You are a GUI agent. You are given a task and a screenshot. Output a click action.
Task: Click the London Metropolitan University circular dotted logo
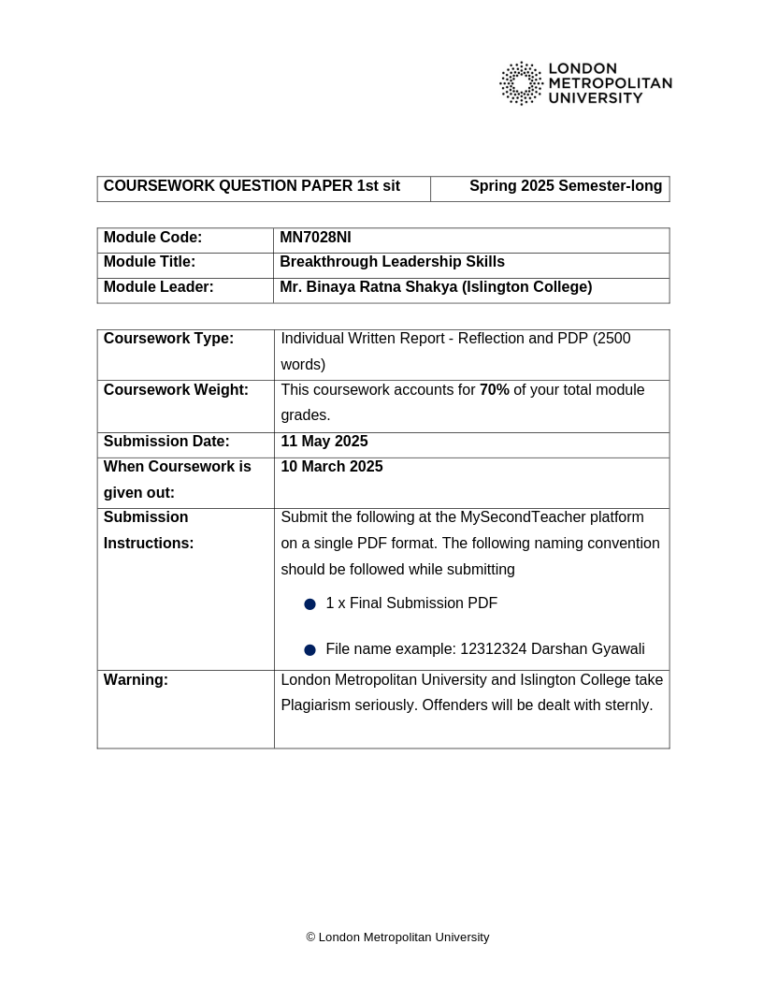521,83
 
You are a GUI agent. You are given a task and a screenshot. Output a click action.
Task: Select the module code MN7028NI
315,238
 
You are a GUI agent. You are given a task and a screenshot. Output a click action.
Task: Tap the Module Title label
150,262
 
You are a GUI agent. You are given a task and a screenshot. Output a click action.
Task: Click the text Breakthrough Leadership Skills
392,262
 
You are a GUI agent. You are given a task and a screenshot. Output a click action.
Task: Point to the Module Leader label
158,287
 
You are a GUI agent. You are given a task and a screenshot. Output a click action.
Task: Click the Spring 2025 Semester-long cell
565,186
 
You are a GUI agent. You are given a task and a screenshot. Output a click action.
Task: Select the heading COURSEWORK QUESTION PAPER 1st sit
252,186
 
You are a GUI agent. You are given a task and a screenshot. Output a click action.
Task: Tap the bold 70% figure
494,390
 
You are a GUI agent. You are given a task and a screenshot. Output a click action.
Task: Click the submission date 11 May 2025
324,442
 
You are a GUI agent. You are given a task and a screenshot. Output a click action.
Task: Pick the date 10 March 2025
331,467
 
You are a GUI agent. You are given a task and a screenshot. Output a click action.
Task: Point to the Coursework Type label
168,339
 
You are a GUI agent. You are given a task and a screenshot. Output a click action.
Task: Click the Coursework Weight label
176,390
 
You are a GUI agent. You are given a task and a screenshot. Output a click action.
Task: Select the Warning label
136,680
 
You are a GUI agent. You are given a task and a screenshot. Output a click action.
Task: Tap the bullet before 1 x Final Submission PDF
310,604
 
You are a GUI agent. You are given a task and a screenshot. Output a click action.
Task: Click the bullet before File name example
310,650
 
